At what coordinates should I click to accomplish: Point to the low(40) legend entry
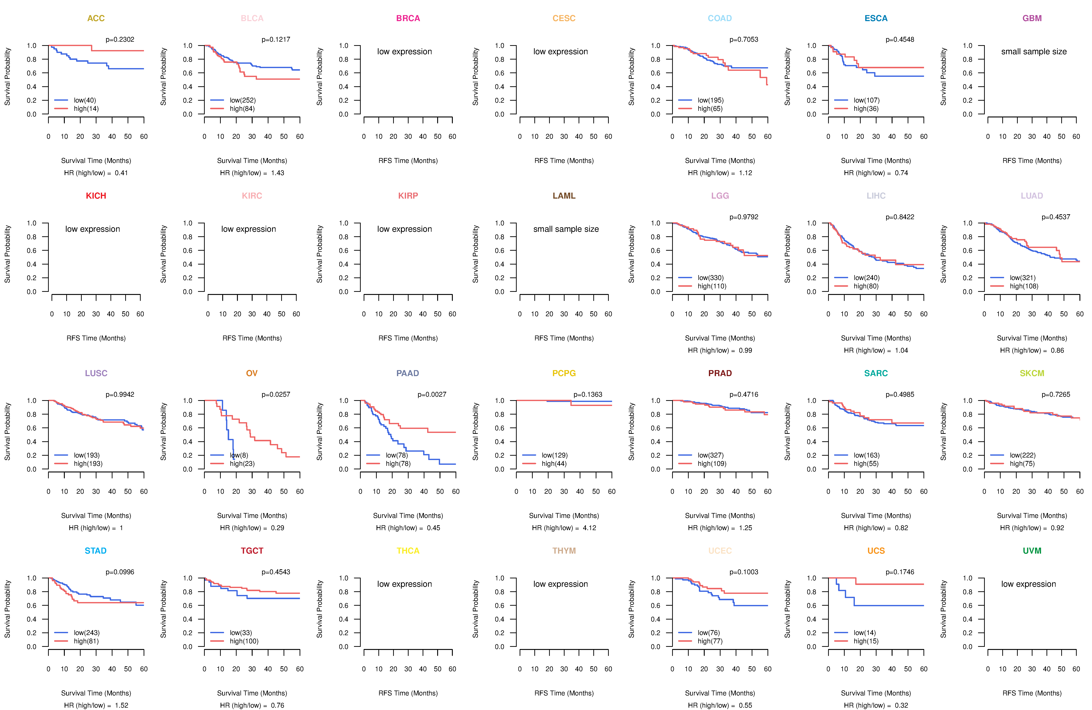tap(85, 100)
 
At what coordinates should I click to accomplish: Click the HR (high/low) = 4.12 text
tap(564, 528)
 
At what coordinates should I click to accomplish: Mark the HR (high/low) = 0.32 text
tap(876, 705)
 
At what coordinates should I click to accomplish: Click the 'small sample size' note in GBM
tap(1034, 51)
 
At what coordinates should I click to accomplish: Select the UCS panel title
tap(876, 551)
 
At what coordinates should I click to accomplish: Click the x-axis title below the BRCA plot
tap(408, 161)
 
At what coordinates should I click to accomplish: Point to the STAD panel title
tap(95, 551)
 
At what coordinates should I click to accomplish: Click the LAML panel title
tap(564, 196)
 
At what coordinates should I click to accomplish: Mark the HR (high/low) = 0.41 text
tap(96, 173)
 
